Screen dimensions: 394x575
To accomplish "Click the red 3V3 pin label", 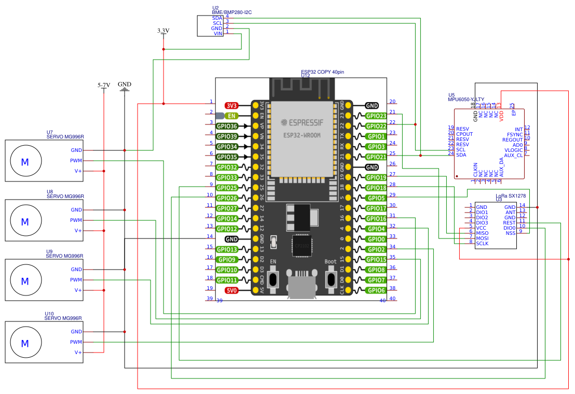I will click(x=231, y=105).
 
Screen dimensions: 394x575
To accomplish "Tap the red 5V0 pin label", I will click(x=231, y=291).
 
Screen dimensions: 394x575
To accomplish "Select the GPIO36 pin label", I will click(x=227, y=126).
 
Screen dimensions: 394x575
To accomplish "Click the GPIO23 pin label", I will click(x=375, y=116).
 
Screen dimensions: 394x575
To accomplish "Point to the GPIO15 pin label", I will click(x=375, y=260).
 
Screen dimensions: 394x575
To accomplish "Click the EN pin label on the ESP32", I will click(x=231, y=116).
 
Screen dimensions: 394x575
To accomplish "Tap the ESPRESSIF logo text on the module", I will click(x=306, y=123).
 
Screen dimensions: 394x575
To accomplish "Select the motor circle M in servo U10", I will click(x=24, y=342).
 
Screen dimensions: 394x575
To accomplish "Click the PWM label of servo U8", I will click(x=76, y=220).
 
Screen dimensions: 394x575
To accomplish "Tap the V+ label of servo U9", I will click(x=78, y=290).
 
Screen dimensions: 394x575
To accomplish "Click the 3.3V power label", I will click(x=163, y=31).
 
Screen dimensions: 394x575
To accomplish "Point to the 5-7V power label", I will click(x=104, y=85).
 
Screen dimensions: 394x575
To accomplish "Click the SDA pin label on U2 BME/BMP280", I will click(x=217, y=18).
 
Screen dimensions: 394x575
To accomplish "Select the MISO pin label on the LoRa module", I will click(x=482, y=233).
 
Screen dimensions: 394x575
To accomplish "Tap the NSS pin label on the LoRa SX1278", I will click(x=511, y=233).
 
